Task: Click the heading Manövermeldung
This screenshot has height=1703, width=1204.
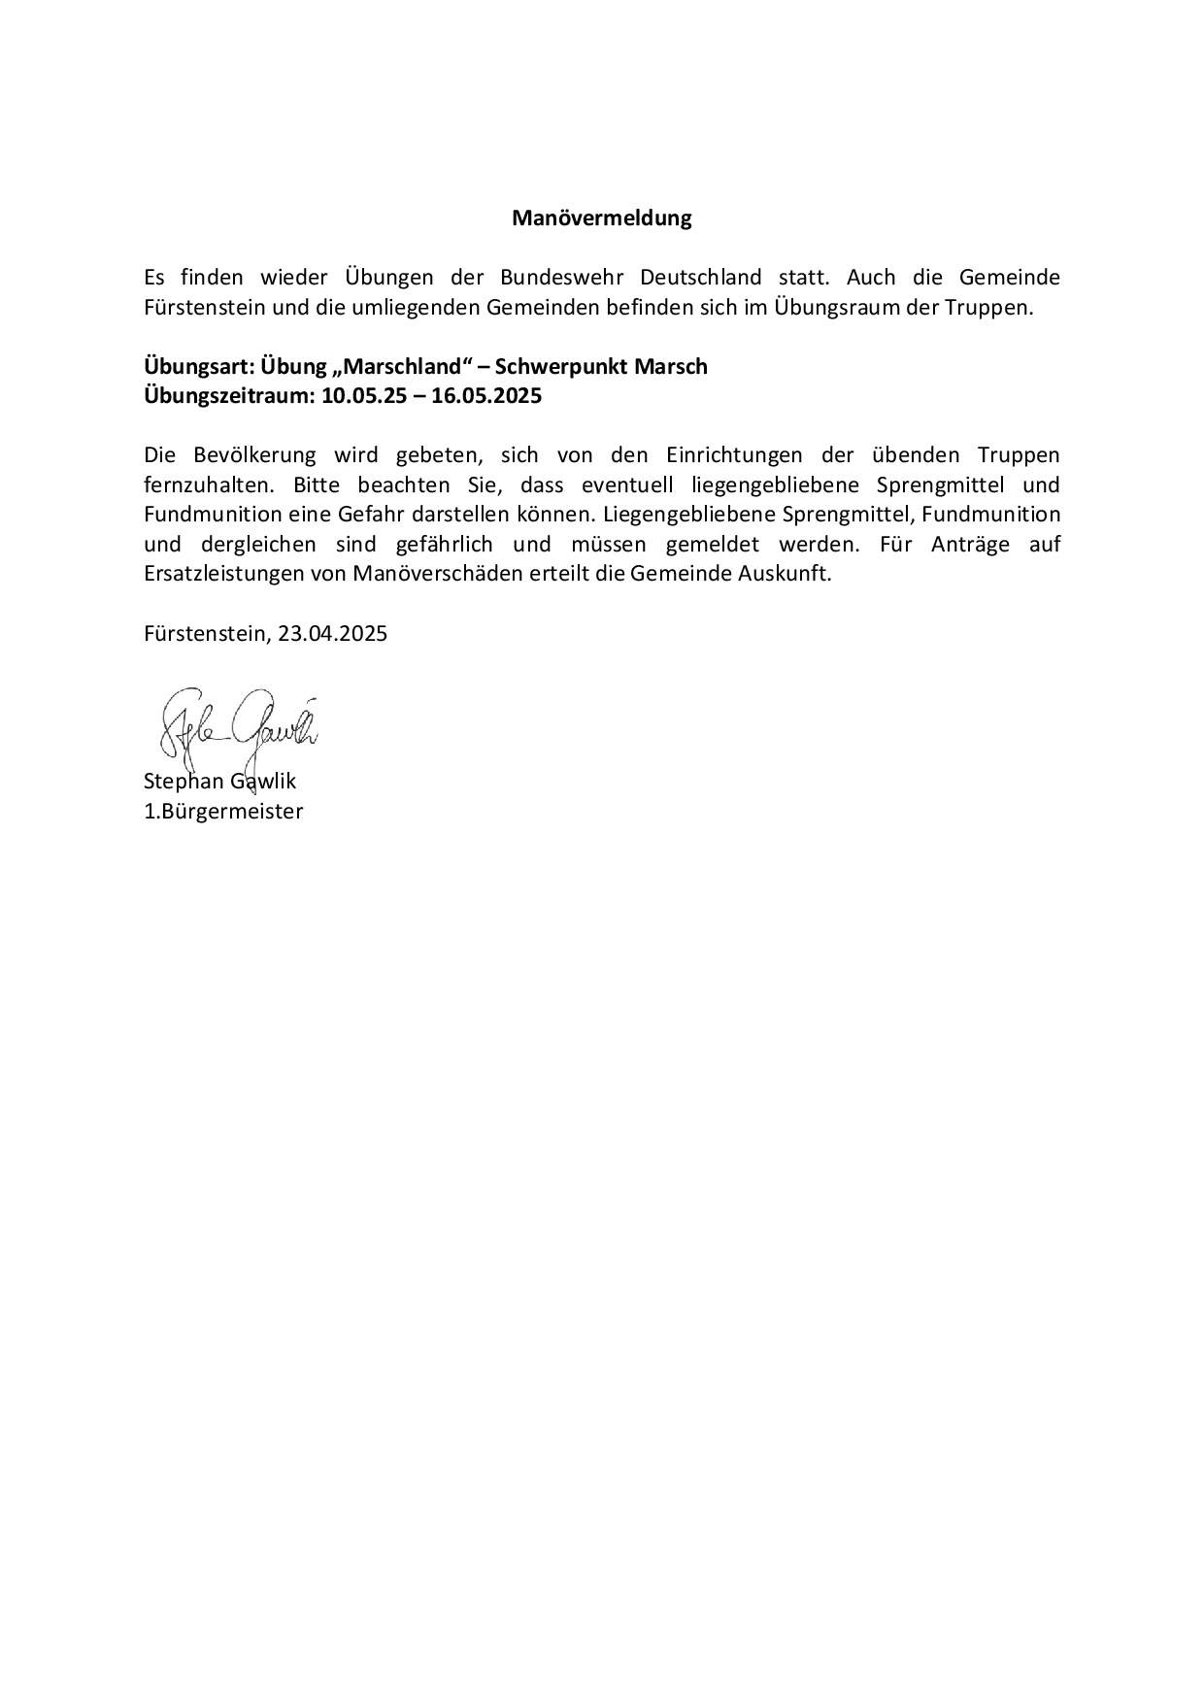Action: click(601, 218)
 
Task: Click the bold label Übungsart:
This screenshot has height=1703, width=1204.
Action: click(199, 367)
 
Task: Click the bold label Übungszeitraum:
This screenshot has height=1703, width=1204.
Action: click(230, 396)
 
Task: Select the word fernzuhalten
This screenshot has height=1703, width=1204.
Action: click(204, 484)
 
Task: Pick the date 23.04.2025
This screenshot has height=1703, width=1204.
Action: click(332, 634)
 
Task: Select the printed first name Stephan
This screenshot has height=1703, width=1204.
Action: click(182, 782)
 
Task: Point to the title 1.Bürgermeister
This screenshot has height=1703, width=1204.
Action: click(223, 812)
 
